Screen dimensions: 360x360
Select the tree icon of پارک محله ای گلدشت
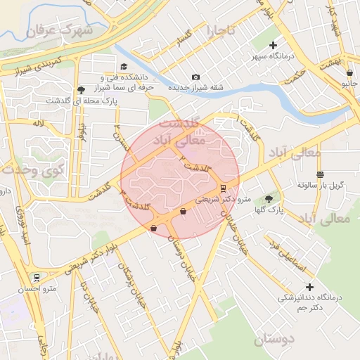[81, 90]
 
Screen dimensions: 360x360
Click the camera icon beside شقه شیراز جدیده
[195, 77]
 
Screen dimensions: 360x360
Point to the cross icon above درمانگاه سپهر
[274, 45]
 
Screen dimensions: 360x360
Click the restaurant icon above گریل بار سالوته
[321, 174]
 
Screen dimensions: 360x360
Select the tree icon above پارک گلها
[268, 199]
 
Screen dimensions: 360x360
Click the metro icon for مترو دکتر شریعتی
[223, 188]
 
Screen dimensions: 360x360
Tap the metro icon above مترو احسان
[37, 277]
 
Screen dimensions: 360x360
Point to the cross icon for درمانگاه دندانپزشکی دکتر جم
[309, 287]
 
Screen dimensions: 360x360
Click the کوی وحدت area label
[32, 169]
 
